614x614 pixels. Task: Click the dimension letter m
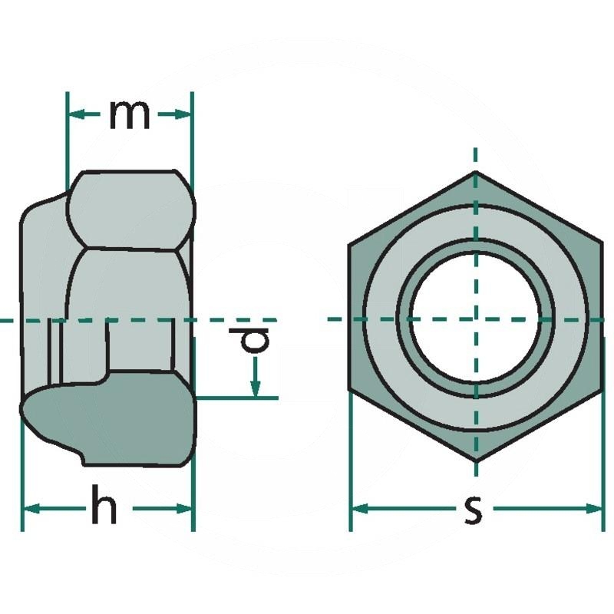click(129, 114)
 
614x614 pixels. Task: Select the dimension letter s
click(474, 509)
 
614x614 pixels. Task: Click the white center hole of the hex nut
click(476, 319)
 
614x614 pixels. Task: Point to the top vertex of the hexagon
click(476, 172)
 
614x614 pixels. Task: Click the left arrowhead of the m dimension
click(75, 114)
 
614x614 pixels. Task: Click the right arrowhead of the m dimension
click(183, 114)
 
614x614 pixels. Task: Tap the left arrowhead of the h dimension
click(29, 508)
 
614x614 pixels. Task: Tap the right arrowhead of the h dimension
click(184, 508)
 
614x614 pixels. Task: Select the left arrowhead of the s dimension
click(359, 508)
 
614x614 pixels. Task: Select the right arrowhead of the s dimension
click(596, 508)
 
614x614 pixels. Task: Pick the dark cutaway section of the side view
click(107, 422)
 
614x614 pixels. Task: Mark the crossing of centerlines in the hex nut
click(476, 319)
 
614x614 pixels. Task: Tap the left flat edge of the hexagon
click(350, 319)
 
